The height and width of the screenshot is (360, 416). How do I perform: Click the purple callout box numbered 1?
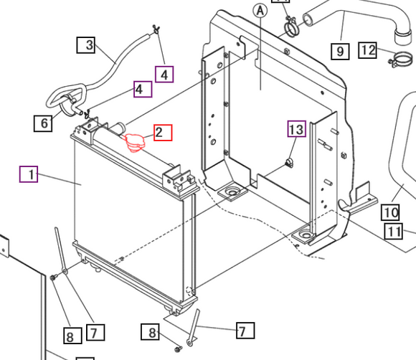click(x=29, y=174)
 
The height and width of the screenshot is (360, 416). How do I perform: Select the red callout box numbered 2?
click(x=163, y=133)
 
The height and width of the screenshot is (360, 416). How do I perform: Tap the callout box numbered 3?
click(x=85, y=45)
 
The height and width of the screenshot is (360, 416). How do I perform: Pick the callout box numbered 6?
click(x=43, y=123)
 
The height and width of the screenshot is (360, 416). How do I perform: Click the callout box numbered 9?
click(x=340, y=51)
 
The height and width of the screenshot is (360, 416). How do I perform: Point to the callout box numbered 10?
click(x=390, y=212)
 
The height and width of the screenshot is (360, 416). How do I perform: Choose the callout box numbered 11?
click(x=394, y=232)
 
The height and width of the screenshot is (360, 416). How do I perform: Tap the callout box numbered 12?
click(x=367, y=50)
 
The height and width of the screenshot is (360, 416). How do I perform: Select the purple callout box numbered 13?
click(x=297, y=129)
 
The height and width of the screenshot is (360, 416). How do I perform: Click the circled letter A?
click(x=260, y=11)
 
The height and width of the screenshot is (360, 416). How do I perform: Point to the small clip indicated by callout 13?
click(x=289, y=163)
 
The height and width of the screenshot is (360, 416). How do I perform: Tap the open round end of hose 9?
click(x=308, y=20)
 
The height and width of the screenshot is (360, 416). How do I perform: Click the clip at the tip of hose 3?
click(x=156, y=29)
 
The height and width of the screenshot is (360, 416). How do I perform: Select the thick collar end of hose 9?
click(x=403, y=37)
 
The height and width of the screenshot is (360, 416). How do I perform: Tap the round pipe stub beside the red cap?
click(x=119, y=128)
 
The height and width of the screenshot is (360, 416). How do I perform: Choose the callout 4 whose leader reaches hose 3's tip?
click(x=164, y=75)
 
